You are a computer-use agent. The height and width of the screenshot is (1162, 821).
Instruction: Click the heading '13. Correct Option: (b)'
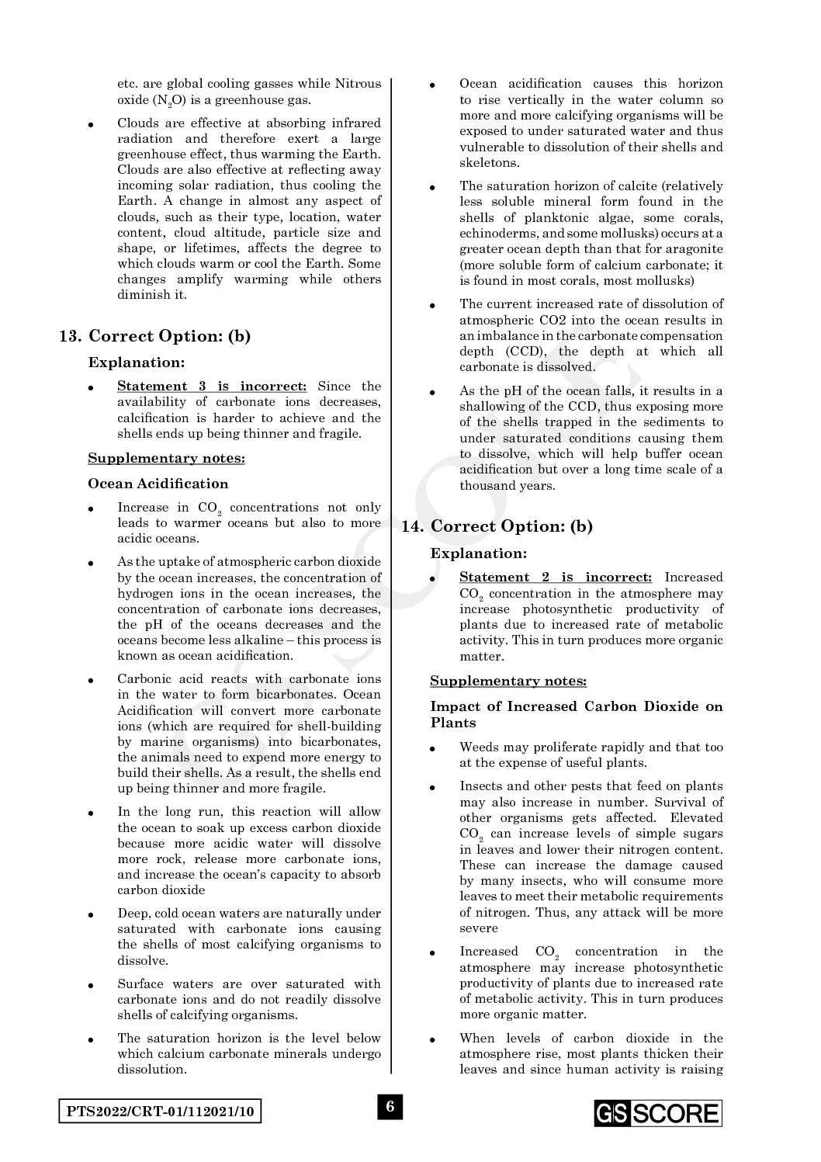(x=155, y=336)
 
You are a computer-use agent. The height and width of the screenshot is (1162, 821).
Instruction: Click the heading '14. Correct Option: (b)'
(x=497, y=526)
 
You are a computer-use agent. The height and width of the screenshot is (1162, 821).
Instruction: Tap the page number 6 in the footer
(x=390, y=1106)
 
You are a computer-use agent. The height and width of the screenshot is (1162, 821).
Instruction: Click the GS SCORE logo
(x=658, y=1113)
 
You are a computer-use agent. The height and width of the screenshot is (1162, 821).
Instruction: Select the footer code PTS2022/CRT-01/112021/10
(x=160, y=1112)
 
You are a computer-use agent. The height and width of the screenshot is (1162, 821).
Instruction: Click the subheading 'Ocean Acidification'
(x=158, y=484)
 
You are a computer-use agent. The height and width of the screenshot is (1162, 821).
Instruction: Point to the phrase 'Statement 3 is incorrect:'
(x=212, y=386)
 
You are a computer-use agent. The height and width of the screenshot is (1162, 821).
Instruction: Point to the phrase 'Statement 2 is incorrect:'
(x=555, y=577)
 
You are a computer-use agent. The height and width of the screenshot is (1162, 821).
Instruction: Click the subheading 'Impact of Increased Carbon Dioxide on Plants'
(x=576, y=714)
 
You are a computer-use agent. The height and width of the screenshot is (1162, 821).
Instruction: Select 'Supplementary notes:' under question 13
(x=166, y=458)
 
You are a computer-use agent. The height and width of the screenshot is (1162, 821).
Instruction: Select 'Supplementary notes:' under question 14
(x=508, y=681)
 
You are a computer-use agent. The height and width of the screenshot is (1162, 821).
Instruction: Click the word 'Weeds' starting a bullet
(x=477, y=747)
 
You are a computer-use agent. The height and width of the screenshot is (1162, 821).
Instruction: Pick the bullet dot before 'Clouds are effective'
(x=92, y=124)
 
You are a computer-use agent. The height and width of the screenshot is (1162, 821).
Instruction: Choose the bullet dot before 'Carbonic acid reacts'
(x=92, y=680)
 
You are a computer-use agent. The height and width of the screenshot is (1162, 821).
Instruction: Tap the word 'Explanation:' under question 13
(x=137, y=362)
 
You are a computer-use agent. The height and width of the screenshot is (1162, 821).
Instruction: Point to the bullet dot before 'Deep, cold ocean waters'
(x=92, y=914)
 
